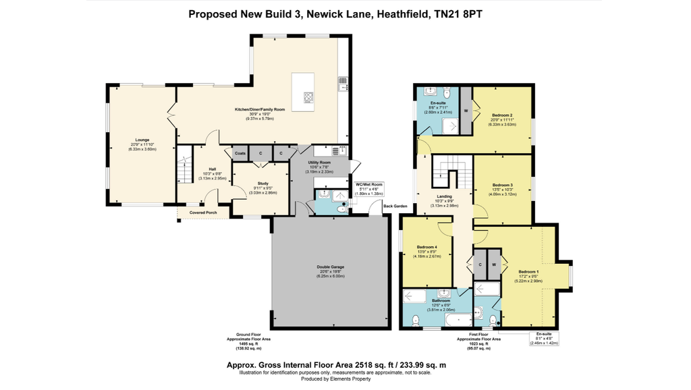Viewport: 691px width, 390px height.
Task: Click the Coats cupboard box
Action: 240,154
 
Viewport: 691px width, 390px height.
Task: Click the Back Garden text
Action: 395,205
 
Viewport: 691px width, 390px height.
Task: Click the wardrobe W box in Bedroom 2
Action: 466,109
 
